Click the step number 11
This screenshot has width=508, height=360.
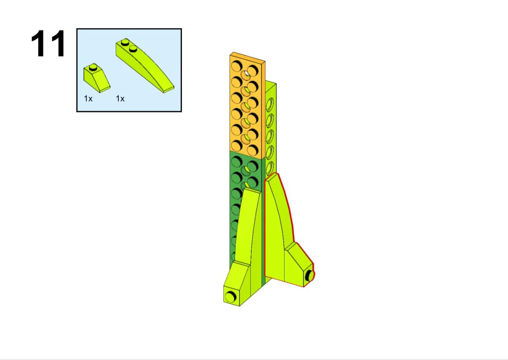pyautogui.click(x=48, y=43)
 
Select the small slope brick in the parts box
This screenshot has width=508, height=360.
pyautogui.click(x=97, y=78)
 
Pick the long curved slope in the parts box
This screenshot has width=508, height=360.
pyautogui.click(x=144, y=65)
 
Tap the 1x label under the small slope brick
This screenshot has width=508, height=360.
pyautogui.click(x=88, y=98)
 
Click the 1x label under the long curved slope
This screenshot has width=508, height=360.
pyautogui.click(x=120, y=98)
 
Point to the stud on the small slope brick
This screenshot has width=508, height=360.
pyautogui.click(x=93, y=67)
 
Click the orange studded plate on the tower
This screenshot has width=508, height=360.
pyautogui.click(x=247, y=106)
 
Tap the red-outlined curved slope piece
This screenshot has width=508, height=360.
pyautogui.click(x=285, y=233)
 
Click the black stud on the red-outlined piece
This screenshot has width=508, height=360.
pyautogui.click(x=310, y=276)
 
